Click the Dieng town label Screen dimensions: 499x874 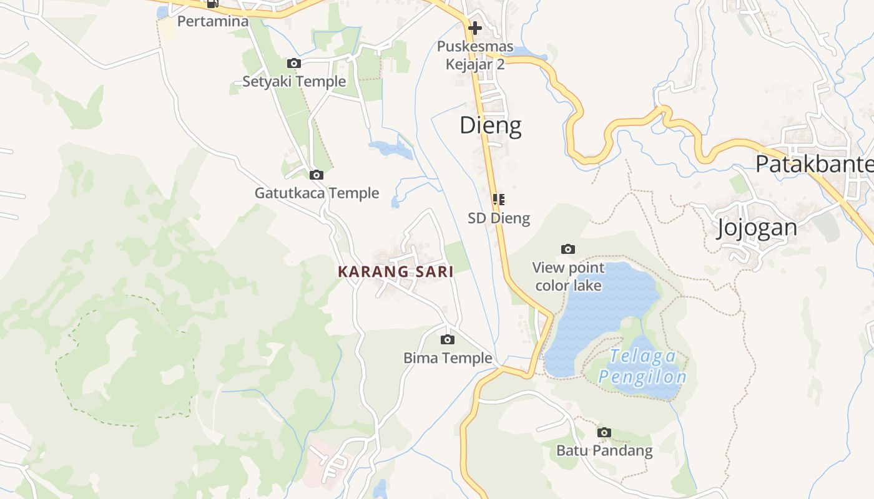(491, 126)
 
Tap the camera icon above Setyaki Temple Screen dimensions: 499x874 (294, 63)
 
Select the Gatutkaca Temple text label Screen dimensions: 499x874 (317, 193)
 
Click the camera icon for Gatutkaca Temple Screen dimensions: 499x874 (317, 175)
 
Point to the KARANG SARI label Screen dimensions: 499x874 (395, 271)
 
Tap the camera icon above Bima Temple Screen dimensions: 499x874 (448, 339)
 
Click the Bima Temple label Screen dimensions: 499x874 (448, 358)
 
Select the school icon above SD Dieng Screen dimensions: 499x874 (498, 200)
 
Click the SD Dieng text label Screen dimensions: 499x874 (499, 218)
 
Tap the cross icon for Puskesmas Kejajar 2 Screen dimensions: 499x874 (475, 28)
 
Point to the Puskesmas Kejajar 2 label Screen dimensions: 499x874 (475, 55)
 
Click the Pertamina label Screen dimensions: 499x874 (213, 21)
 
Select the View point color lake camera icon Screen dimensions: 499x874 (568, 249)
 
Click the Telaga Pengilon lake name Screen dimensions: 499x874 (643, 367)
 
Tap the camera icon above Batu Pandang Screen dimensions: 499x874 (604, 432)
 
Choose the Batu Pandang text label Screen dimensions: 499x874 (604, 450)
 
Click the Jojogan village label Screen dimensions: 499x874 (757, 228)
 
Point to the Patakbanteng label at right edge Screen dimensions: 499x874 (813, 164)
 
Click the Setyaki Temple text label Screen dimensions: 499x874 (294, 81)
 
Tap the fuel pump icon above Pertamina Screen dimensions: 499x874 (213, 4)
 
